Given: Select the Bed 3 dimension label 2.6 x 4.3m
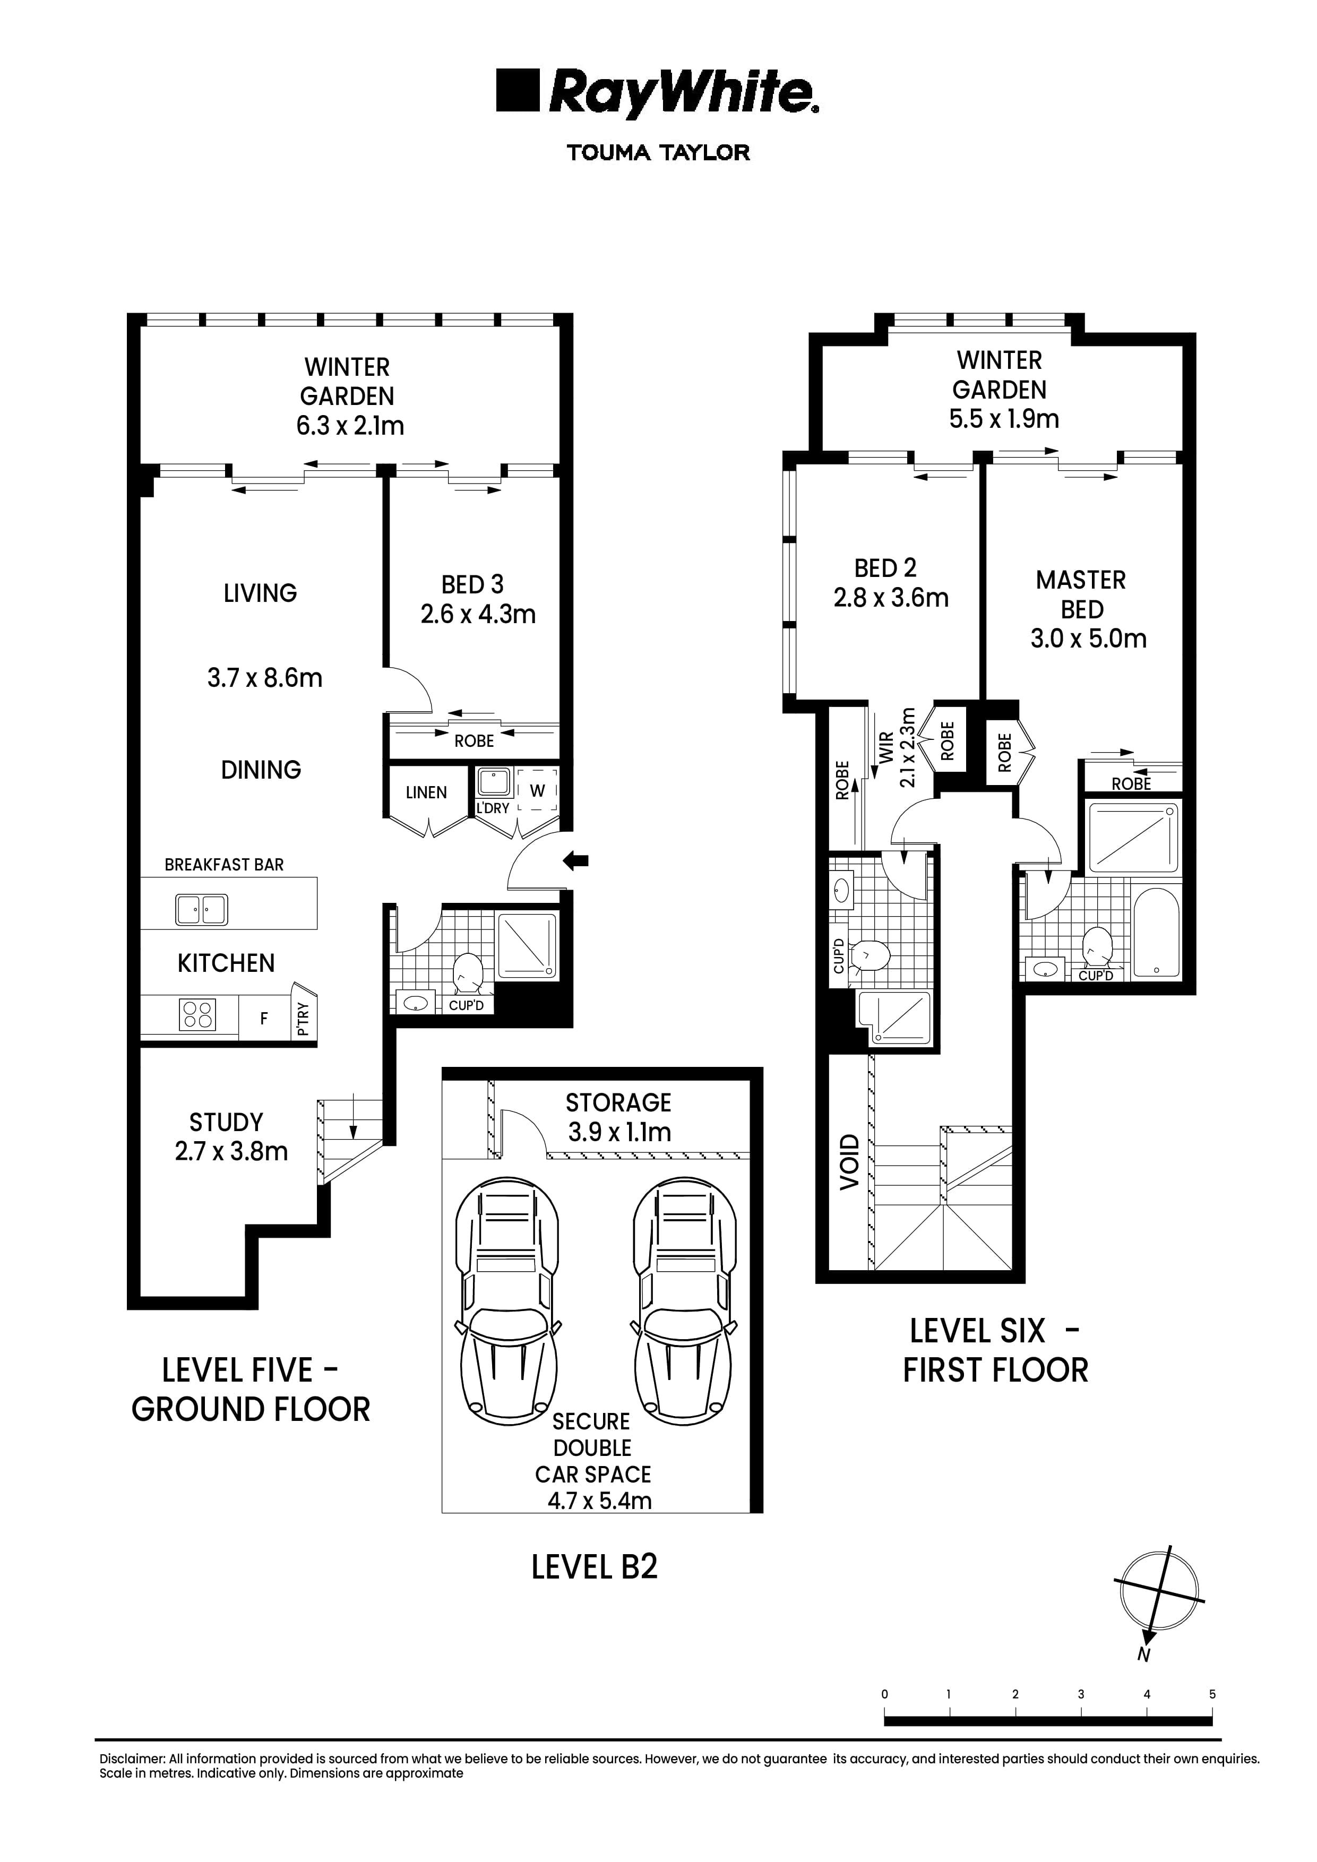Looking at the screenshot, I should click(x=478, y=615).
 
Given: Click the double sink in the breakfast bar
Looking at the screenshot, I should click(x=202, y=909).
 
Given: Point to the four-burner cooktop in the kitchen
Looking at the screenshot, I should click(x=197, y=1014).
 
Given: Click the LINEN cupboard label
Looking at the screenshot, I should click(x=426, y=792).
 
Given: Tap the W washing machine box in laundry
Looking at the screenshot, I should click(x=537, y=791).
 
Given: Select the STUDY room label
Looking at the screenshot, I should click(x=226, y=1123).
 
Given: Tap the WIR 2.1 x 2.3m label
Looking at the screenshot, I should click(x=897, y=748).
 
